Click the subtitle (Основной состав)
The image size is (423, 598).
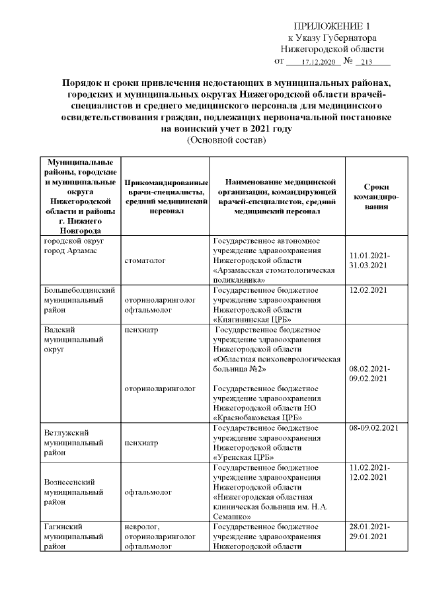click(x=227, y=141)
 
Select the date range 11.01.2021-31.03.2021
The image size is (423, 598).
click(x=370, y=260)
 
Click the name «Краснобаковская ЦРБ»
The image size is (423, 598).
click(x=257, y=417)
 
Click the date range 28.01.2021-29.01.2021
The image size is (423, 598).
click(x=370, y=531)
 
